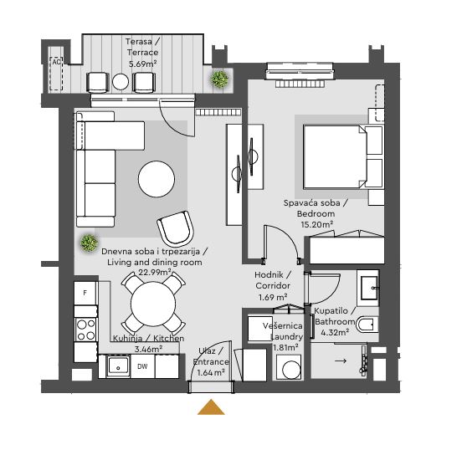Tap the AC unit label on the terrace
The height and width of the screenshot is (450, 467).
pos(57,62)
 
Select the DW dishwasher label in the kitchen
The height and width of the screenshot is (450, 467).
pos(142,366)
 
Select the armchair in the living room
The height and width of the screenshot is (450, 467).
pos(176,228)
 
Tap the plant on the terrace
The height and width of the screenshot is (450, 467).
pos(220,79)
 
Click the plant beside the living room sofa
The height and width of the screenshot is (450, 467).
pos(88,243)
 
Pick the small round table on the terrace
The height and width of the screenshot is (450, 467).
pos(121,82)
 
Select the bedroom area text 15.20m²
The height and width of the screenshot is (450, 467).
pos(316,224)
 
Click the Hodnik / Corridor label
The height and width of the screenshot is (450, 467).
pos(273,279)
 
